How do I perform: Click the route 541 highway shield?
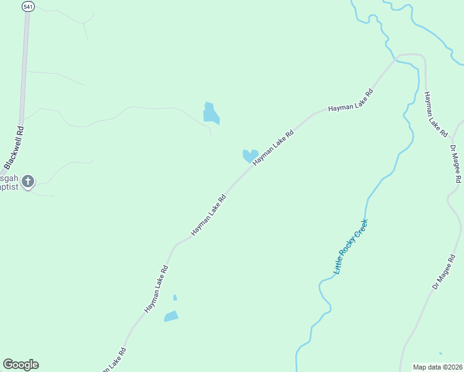pyautogui.click(x=27, y=6)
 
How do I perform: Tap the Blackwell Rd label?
pyautogui.click(x=13, y=148)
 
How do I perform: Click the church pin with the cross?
pyautogui.click(x=27, y=182)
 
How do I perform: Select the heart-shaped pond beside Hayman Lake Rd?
pyautogui.click(x=250, y=155)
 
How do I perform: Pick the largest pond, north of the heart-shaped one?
pyautogui.click(x=210, y=113)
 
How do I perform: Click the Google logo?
pyautogui.click(x=20, y=365)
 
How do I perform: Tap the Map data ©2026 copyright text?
pyautogui.click(x=437, y=367)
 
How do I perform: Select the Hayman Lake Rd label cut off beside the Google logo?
pyautogui.click(x=114, y=360)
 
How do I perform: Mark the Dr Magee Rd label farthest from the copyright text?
pyautogui.click(x=456, y=164)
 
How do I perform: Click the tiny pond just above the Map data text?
pyautogui.click(x=440, y=353)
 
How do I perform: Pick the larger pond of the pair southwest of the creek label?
pyautogui.click(x=171, y=317)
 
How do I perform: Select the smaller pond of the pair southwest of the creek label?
pyautogui.click(x=175, y=298)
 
